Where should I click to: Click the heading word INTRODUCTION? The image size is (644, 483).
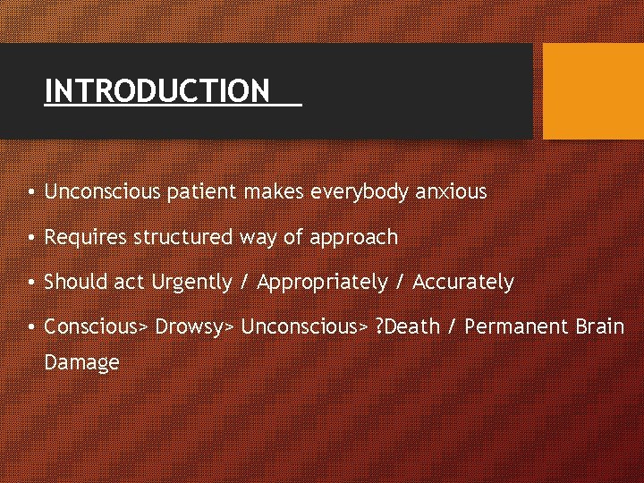click(157, 90)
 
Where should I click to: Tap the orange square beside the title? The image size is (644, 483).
click(593, 91)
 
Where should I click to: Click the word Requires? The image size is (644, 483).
click(85, 237)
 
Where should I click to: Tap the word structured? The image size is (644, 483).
click(182, 237)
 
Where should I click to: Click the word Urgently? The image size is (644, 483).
click(191, 283)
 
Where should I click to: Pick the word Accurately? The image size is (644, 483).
click(463, 283)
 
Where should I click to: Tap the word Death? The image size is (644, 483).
click(412, 326)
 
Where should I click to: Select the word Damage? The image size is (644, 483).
click(81, 362)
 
